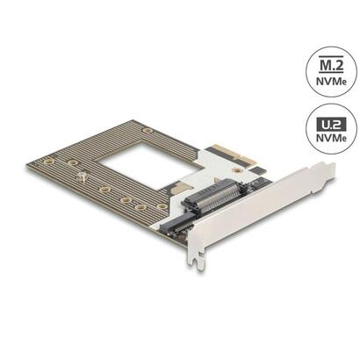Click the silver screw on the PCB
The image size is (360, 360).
point(82,179)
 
